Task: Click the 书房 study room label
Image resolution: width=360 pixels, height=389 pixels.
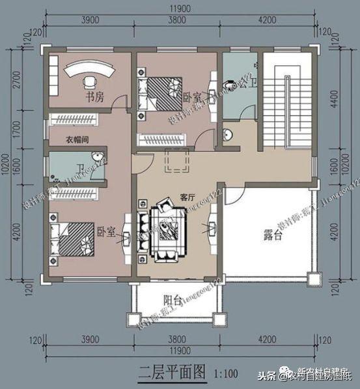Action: pyautogui.click(x=95, y=98)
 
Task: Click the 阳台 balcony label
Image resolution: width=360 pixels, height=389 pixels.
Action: pyautogui.click(x=173, y=300)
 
